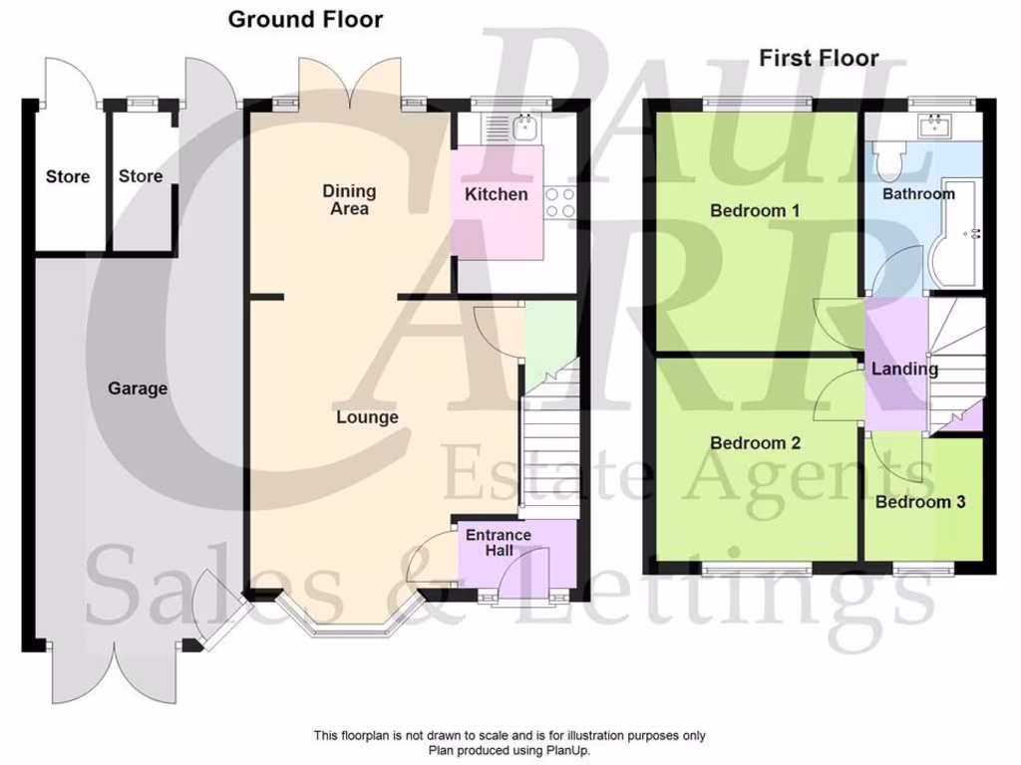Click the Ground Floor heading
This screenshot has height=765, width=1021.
click(x=305, y=19)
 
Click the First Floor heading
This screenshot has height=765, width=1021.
click(x=819, y=58)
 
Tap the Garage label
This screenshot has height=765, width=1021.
click(x=138, y=388)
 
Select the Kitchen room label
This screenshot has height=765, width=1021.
click(x=497, y=194)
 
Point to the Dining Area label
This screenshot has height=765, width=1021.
click(x=349, y=199)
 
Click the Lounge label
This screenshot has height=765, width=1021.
click(x=366, y=417)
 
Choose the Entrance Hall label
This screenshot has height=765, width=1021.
click(x=500, y=543)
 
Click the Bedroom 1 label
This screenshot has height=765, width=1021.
click(x=755, y=211)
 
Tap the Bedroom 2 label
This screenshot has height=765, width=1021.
click(x=755, y=442)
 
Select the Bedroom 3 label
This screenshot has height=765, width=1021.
click(x=920, y=502)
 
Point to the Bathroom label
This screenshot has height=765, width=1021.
click(x=918, y=194)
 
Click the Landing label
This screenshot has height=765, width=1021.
click(x=904, y=369)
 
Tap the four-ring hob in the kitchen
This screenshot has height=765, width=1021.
click(x=560, y=202)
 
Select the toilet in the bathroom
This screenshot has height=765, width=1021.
click(x=887, y=159)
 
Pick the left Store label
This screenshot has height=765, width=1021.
click(x=68, y=177)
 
